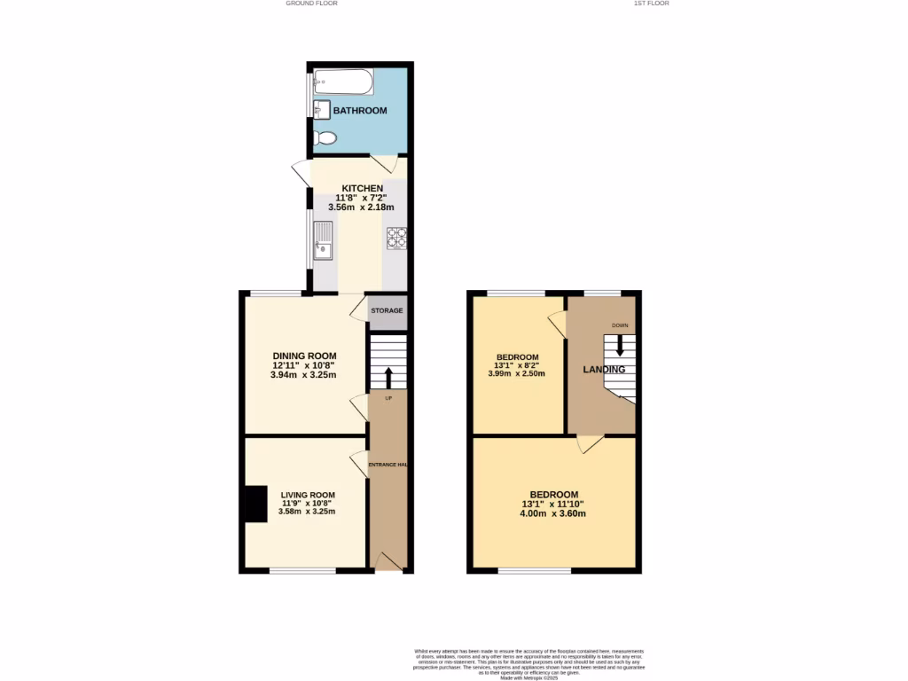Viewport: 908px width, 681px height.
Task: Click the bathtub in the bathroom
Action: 342,82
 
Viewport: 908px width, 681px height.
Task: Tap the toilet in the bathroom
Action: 325,138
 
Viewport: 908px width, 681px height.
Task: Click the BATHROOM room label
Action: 360,111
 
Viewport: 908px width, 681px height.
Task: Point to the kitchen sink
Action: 324,239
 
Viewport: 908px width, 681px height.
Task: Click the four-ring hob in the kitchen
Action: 395,238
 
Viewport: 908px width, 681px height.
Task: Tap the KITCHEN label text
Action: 363,189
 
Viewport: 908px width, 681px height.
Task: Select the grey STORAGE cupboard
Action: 387,311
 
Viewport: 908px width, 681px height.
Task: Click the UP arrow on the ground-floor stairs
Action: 387,376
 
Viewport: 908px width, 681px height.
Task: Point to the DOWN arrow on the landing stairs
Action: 620,345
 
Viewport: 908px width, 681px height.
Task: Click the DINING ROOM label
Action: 303,356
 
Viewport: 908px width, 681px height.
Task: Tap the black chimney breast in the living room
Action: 255,504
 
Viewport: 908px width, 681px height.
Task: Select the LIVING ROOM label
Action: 308,496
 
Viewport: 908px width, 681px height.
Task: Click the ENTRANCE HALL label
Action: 387,465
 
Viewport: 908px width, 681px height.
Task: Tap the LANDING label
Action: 604,370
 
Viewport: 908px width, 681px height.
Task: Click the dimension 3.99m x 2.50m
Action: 516,374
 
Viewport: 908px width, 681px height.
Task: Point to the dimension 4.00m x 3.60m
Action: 553,513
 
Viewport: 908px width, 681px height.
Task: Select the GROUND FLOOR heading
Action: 311,4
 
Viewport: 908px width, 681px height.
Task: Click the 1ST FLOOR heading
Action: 651,4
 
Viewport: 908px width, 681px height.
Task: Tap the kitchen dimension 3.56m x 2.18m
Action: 361,207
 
